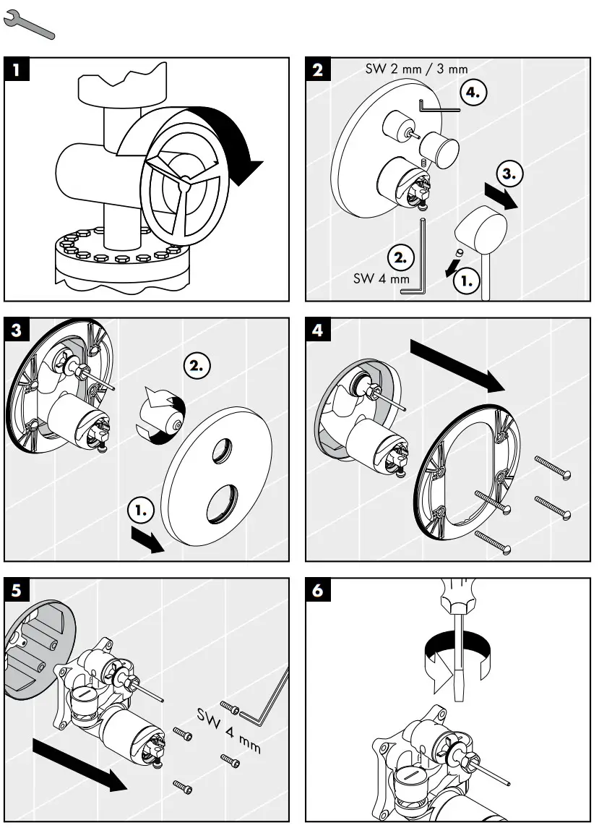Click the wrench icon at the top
click(29, 26)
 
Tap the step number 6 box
click(319, 591)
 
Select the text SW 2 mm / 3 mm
click(414, 69)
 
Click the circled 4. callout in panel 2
click(473, 93)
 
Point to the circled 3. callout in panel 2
click(510, 174)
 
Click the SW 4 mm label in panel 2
click(381, 278)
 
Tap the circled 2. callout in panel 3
click(197, 365)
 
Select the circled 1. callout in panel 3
click(142, 510)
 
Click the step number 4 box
click(319, 330)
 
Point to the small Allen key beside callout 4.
click(439, 108)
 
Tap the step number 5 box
click(17, 591)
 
